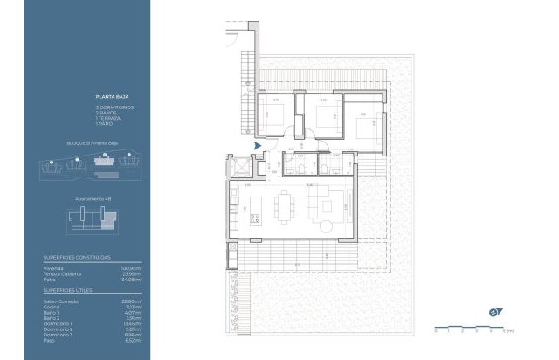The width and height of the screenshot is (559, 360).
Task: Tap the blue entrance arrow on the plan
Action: (256, 146)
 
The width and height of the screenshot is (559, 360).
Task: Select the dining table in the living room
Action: (284, 208)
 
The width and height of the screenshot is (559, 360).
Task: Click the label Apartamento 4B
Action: (93, 199)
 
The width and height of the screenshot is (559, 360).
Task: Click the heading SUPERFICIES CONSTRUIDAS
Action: (77, 258)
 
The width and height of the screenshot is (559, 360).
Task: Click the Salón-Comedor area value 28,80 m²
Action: (129, 300)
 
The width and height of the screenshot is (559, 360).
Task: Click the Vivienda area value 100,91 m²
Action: (128, 267)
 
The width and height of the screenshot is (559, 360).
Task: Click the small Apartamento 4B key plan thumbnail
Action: (94, 218)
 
